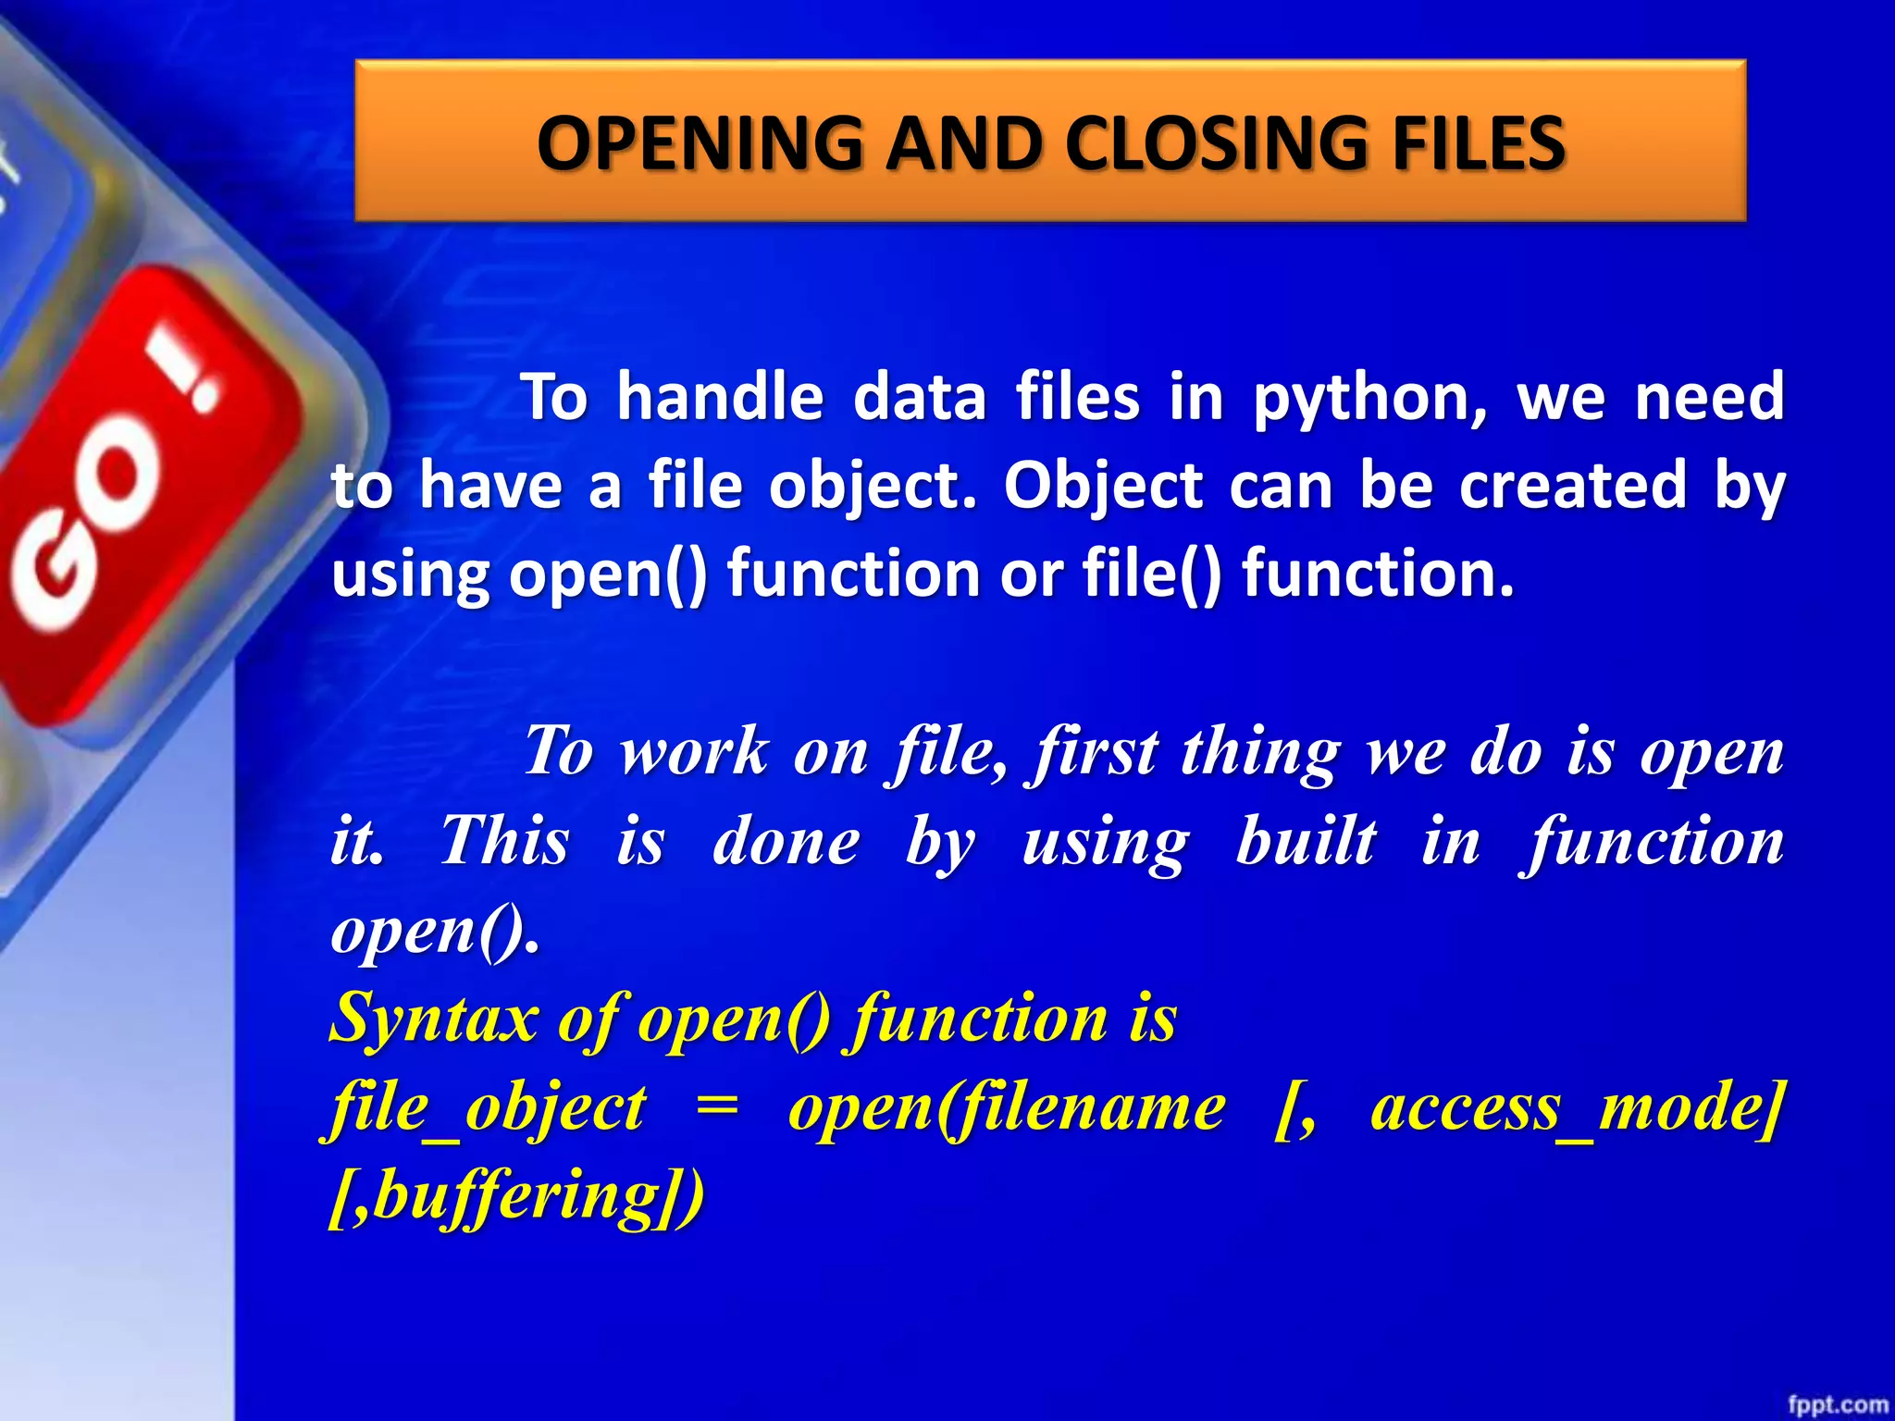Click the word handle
click(x=720, y=396)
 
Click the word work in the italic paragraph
click(x=694, y=751)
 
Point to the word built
click(x=1306, y=841)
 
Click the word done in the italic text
click(x=786, y=841)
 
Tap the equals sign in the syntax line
click(x=717, y=1108)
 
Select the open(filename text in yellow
click(x=1007, y=1108)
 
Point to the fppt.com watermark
click(x=1838, y=1404)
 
